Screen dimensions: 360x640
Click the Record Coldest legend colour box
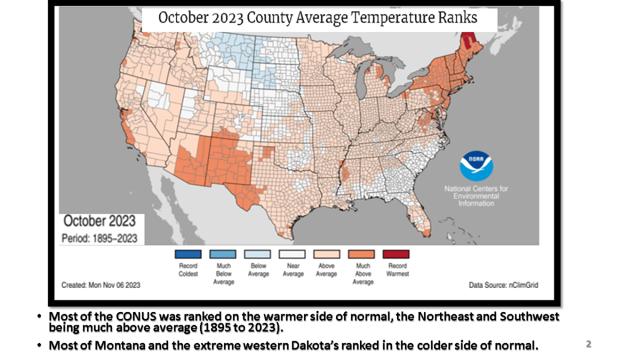188,254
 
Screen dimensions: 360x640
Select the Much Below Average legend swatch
223,254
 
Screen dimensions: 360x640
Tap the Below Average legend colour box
258,254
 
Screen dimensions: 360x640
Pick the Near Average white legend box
293,254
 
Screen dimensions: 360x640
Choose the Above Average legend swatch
326,254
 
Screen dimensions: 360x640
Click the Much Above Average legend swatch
362,254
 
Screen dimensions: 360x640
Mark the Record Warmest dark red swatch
397,254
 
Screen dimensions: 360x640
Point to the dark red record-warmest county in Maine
469,40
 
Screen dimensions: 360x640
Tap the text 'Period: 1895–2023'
99,238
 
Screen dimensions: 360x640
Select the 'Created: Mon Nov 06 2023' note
101,285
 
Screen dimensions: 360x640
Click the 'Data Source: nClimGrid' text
503,285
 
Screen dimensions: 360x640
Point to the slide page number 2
588,344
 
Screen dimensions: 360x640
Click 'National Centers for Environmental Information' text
476,196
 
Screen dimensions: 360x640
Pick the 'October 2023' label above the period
100,221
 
